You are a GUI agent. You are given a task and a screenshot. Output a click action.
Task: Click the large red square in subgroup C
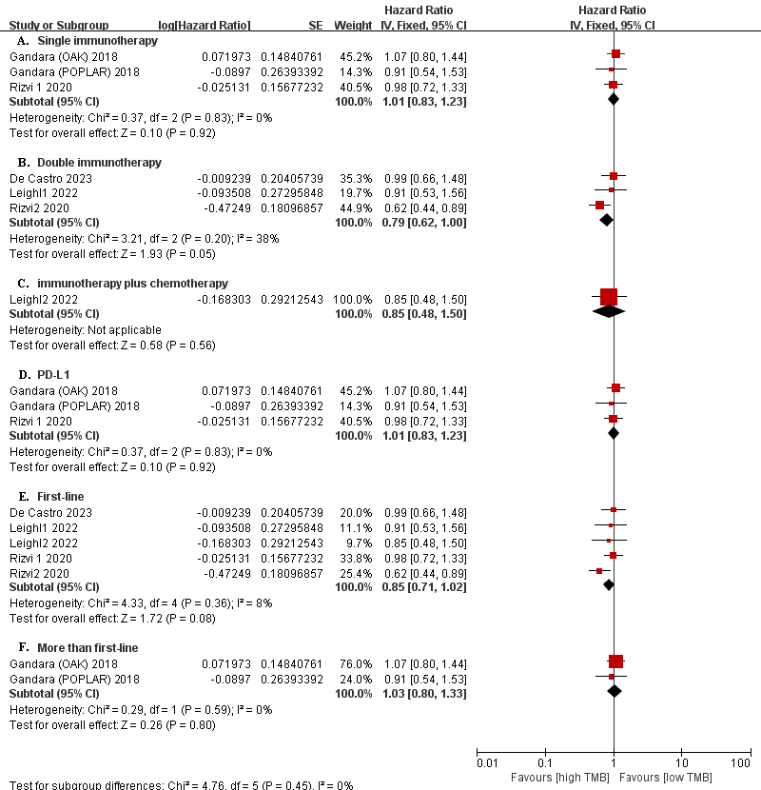coord(609,297)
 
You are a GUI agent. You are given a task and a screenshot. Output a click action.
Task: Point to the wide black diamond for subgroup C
coord(609,311)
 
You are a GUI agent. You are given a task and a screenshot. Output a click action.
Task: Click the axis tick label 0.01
coord(486,763)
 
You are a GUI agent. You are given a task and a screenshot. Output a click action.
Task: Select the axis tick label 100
coord(741,763)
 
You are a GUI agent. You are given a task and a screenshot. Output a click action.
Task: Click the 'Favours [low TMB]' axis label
coord(672,777)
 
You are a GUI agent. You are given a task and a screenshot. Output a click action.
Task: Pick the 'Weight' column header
coord(350,24)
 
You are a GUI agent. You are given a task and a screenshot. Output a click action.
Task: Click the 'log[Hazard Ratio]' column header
coord(205,24)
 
